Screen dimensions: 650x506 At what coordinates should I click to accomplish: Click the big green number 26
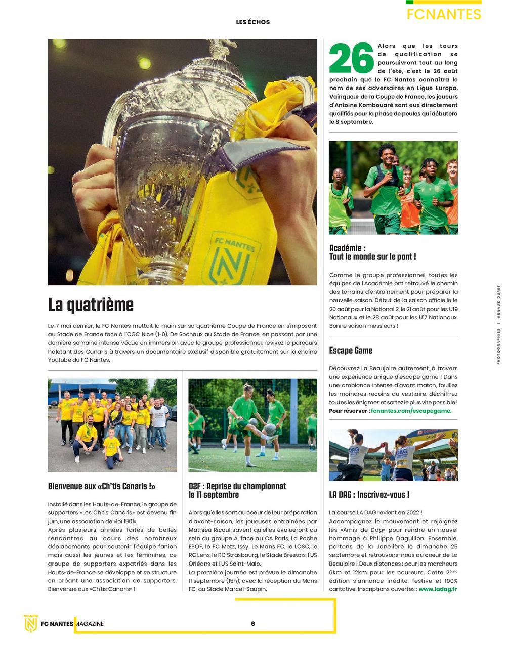pos(351,58)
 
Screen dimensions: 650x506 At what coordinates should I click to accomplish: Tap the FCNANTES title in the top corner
pos(444,14)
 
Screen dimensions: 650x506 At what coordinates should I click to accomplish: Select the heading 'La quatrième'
pos(91,305)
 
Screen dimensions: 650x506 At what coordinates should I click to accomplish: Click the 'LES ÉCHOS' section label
pos(253,22)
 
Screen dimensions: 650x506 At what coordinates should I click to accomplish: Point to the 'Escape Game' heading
pos(351,351)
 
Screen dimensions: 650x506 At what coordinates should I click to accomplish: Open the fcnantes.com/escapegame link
pos(411,411)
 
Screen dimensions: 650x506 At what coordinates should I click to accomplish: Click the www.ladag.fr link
pos(438,589)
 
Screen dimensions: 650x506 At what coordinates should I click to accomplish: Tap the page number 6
pos(253,624)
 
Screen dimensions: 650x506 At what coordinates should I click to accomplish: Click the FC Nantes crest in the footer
pos(31,624)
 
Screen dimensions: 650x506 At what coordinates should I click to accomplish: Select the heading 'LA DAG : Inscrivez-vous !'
pos(369,495)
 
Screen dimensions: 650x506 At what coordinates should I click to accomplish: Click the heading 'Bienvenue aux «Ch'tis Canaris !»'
pos(102,486)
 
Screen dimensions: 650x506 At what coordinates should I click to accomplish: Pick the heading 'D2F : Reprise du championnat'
pos(237,486)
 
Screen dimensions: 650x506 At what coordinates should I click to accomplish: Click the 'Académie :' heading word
pos(347,248)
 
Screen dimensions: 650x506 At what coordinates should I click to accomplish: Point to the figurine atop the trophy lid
pos(222,50)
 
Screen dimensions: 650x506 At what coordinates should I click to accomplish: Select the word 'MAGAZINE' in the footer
pos(91,624)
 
